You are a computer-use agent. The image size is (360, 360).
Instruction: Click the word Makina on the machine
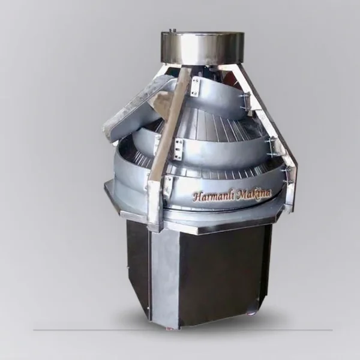[254, 194]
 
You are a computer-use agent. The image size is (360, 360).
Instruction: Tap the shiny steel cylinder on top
[202, 48]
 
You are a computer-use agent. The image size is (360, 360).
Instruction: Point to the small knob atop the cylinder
[172, 30]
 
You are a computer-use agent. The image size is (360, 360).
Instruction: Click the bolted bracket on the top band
[194, 86]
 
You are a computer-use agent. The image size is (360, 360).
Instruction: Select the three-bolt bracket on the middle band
[178, 149]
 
